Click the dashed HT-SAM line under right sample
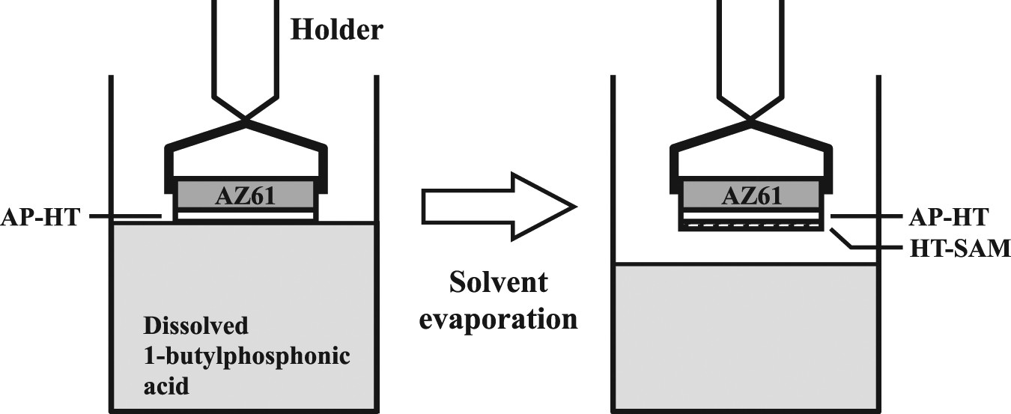click(x=752, y=222)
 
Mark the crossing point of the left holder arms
click(x=246, y=120)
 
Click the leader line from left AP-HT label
click(x=126, y=218)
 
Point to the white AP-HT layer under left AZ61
click(x=245, y=216)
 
